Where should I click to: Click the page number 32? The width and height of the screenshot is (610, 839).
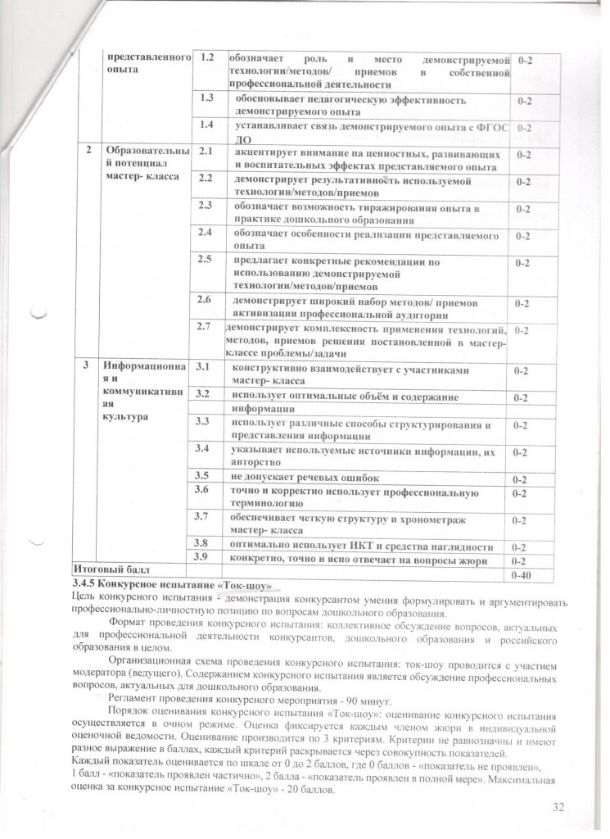559,808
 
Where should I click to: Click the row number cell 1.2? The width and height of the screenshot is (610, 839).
208,59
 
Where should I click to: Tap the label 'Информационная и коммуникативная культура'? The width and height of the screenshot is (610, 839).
140,391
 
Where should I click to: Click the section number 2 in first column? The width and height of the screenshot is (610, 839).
88,151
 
